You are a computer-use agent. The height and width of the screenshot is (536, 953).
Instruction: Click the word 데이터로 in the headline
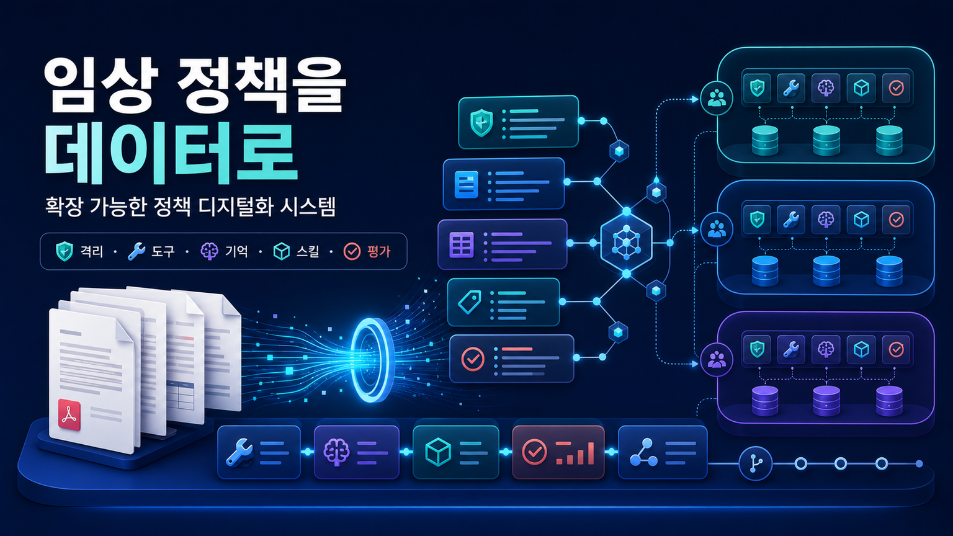click(171, 154)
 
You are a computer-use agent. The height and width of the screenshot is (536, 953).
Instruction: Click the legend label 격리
click(91, 251)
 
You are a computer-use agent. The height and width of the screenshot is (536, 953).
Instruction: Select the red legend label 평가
click(378, 251)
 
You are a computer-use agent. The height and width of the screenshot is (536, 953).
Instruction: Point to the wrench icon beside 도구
click(136, 251)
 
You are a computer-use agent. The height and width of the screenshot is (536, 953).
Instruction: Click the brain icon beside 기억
click(209, 251)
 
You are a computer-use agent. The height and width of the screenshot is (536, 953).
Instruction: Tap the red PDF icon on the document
click(69, 414)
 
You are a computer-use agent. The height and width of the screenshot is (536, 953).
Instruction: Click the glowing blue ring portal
click(371, 360)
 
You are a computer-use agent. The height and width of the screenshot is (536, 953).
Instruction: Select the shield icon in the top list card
click(481, 122)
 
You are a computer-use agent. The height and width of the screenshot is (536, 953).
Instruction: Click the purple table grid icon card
click(462, 244)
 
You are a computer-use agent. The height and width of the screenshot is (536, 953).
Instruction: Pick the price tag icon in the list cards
click(469, 302)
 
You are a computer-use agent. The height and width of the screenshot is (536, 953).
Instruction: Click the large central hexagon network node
click(626, 243)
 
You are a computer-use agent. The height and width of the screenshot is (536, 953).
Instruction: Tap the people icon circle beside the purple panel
click(717, 360)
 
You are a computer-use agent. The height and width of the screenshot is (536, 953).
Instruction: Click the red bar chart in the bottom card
click(575, 453)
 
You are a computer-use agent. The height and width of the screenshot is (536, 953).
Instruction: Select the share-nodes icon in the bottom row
click(643, 453)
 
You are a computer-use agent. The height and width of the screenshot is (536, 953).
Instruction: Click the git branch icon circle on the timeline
click(756, 463)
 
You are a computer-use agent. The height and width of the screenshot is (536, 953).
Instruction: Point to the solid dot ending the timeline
click(919, 463)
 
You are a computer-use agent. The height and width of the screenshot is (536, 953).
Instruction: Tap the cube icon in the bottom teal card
click(438, 452)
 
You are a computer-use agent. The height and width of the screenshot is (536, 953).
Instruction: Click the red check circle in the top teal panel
click(897, 88)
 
